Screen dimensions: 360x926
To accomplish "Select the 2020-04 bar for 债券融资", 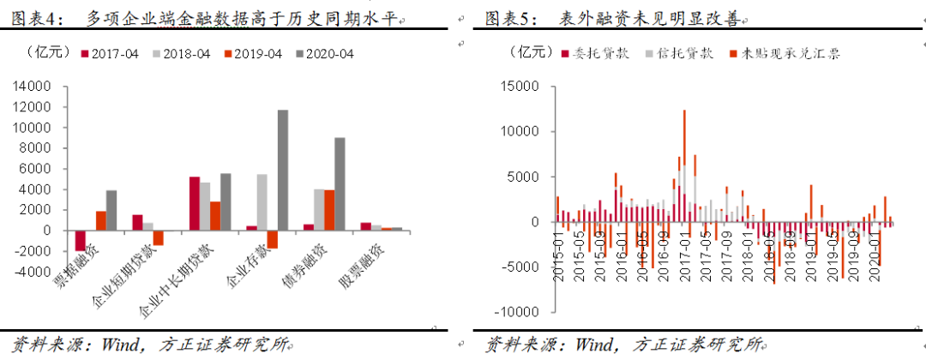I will (x=340, y=183).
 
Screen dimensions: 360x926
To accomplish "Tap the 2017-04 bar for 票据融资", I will (x=80, y=241).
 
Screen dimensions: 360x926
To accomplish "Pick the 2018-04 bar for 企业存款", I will (x=262, y=202).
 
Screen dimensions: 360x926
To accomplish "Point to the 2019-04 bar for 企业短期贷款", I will (x=158, y=237).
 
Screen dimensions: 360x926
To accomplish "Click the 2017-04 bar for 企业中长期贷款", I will (x=195, y=203).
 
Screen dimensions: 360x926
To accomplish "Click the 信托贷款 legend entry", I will (x=683, y=53).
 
